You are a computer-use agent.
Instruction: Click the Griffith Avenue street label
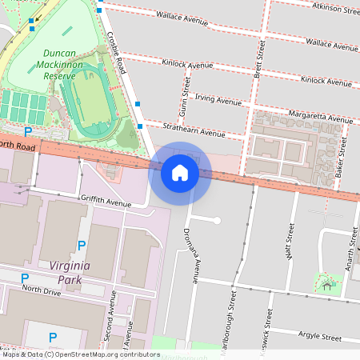tap(105, 202)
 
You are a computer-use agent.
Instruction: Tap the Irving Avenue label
tap(218, 102)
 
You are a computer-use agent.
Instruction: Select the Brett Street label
tap(258, 60)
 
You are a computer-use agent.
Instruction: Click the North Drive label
tap(42, 290)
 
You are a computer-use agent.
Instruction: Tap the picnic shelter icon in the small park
tap(326, 286)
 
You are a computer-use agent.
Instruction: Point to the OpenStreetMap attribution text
tap(80, 354)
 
